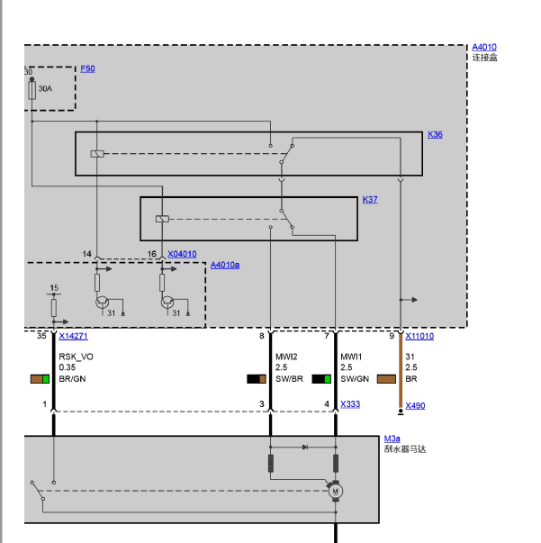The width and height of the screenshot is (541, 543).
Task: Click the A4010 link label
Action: tap(484, 47)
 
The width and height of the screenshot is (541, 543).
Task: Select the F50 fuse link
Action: tap(87, 68)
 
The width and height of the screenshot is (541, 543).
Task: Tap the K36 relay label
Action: tap(435, 134)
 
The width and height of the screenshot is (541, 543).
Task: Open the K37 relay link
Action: tap(370, 200)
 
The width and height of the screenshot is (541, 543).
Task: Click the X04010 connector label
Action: tap(182, 254)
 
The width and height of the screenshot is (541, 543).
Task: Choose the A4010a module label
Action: tap(225, 265)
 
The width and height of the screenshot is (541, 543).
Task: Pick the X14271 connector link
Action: tap(74, 336)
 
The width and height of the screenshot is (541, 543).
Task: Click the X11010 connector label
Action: tap(419, 336)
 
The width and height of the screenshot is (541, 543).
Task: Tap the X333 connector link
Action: tap(350, 404)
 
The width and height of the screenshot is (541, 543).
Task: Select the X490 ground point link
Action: tap(415, 405)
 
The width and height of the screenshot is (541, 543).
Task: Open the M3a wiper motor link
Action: tap(392, 439)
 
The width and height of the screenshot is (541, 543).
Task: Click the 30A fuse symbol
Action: tap(32, 90)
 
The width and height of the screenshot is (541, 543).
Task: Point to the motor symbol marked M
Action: tap(335, 491)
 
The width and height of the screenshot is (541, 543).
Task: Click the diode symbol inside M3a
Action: tap(304, 447)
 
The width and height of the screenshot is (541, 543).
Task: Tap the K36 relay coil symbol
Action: tap(97, 154)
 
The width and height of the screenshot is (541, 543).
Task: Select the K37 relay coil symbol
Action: tap(162, 219)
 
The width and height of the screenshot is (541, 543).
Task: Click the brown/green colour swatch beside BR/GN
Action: tap(40, 379)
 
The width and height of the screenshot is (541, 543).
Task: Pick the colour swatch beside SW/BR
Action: tap(257, 379)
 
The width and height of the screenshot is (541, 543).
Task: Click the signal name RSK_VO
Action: tap(77, 357)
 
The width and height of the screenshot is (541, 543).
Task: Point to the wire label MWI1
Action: tap(351, 357)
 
